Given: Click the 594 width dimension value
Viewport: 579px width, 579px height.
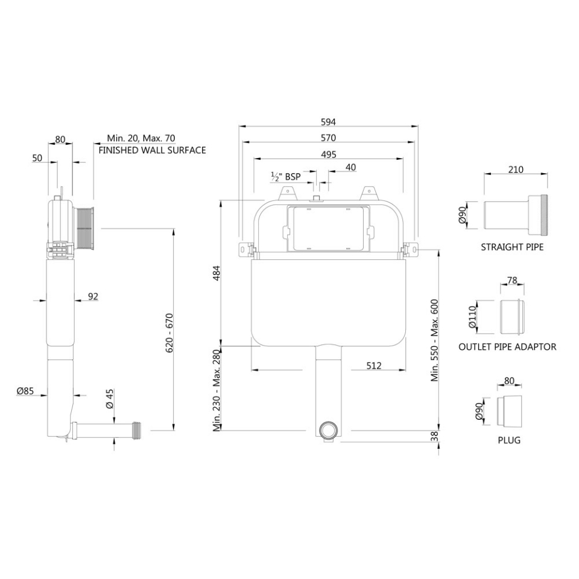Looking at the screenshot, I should point(328,121).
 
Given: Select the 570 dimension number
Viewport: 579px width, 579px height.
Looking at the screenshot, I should point(328,138).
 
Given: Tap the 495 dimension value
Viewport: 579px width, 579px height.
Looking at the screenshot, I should point(328,154).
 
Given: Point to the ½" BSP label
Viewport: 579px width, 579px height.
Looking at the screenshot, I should point(285,176).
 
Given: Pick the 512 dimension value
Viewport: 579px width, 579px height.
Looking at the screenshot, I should point(374,365).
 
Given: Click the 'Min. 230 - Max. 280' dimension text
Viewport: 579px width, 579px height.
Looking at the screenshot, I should point(217,391).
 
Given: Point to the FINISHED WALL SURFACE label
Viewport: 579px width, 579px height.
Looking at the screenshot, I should point(152,150).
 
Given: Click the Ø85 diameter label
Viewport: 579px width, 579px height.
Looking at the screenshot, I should point(25,391).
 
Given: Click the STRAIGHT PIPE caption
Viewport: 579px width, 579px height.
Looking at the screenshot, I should point(512,247).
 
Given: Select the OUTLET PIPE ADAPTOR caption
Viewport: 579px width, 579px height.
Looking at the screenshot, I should point(507,347).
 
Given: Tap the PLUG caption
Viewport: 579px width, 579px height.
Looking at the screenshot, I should point(509,440).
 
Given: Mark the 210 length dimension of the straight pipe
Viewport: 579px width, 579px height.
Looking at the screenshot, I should point(516,169).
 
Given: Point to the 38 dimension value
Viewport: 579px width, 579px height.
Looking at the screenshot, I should point(434,437).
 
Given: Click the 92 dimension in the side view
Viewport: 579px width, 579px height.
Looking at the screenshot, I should point(93,296).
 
